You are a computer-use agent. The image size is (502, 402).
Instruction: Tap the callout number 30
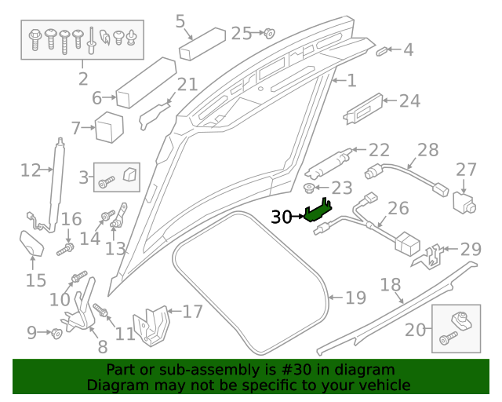coord(281,217)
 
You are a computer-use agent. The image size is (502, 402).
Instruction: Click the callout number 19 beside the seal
coord(355,298)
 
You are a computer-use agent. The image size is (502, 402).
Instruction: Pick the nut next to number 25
coord(267,33)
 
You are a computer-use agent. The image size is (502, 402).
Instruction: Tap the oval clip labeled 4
coord(383,51)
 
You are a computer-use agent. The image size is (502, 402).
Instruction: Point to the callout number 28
coord(427,150)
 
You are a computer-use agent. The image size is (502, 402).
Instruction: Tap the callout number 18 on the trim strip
coord(390,285)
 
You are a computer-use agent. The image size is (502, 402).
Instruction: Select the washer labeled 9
coord(56,334)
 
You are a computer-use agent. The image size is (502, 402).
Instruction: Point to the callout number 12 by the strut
coord(30,170)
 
